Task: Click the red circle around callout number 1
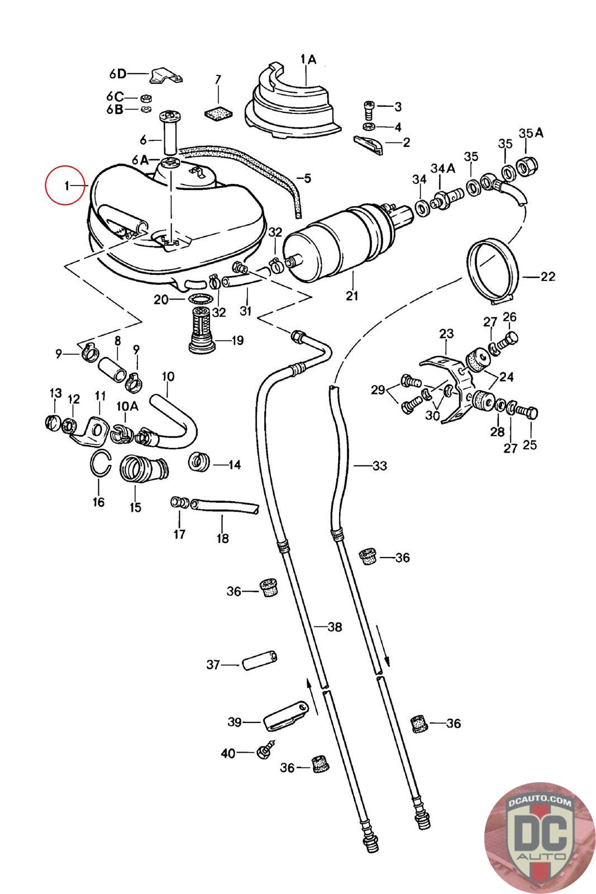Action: coord(65,185)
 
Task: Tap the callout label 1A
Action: coord(308,60)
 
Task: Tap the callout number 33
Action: coord(379,466)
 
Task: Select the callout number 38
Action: coord(335,627)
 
